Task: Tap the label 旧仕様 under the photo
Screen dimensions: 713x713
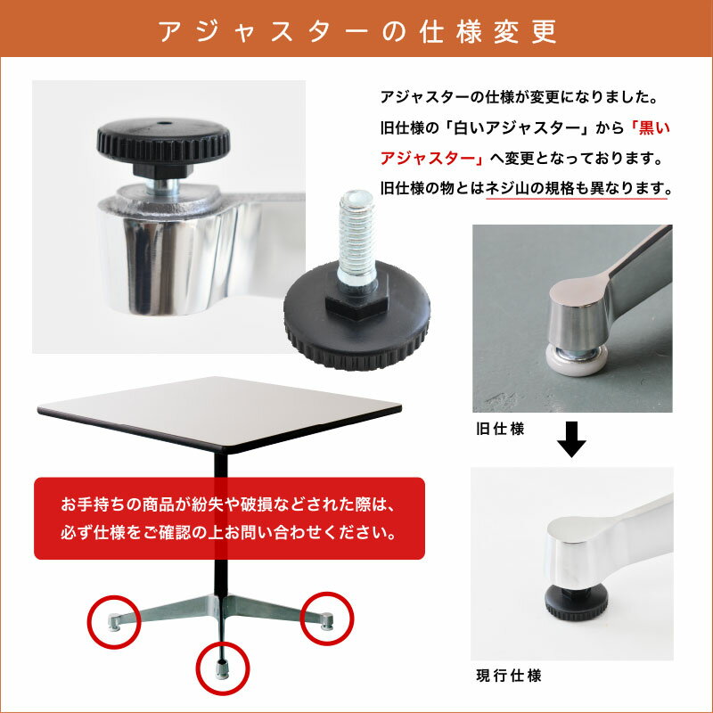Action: pos(500,429)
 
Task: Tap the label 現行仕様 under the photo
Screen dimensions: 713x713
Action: pos(508,676)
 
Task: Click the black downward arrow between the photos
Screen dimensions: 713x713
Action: pos(571,438)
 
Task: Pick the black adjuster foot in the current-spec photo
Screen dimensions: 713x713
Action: pos(576,602)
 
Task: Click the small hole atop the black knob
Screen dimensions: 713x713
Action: pos(165,123)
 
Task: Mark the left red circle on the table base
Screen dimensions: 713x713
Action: pos(114,621)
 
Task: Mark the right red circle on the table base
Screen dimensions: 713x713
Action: pos(327,618)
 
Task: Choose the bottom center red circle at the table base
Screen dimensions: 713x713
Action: pos(223,668)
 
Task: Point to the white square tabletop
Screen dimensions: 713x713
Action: pos(220,413)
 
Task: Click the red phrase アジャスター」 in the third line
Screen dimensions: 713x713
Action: pos(433,159)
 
